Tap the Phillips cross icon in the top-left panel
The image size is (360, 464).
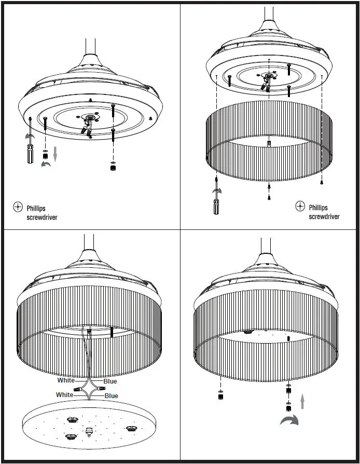pos(18,208)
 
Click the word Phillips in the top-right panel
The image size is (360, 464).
pos(318,208)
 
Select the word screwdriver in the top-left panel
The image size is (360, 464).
pos(42,217)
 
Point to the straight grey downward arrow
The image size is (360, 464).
pos(56,154)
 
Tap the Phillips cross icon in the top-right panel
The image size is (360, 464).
pos(300,206)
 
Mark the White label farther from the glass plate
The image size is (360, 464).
pos(66,380)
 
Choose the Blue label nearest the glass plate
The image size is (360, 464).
pos(112,395)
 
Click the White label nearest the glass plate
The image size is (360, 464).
pos(65,395)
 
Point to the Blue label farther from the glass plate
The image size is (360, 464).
pos(110,381)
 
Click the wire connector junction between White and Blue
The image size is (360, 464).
pos(89,389)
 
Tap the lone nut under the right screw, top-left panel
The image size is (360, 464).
pos(113,168)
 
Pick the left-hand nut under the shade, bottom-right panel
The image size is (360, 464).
pos(220,397)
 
